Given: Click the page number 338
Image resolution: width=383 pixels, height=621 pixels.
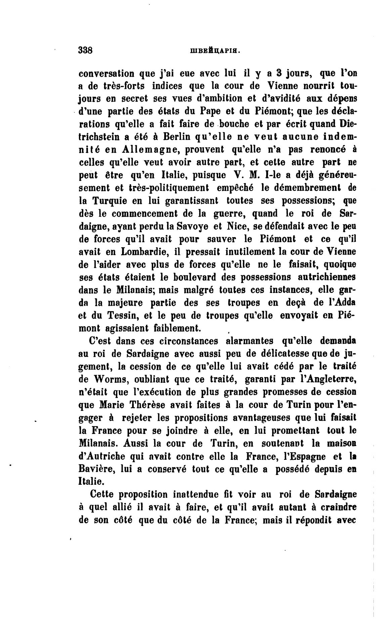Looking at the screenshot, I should click(x=85, y=50).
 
